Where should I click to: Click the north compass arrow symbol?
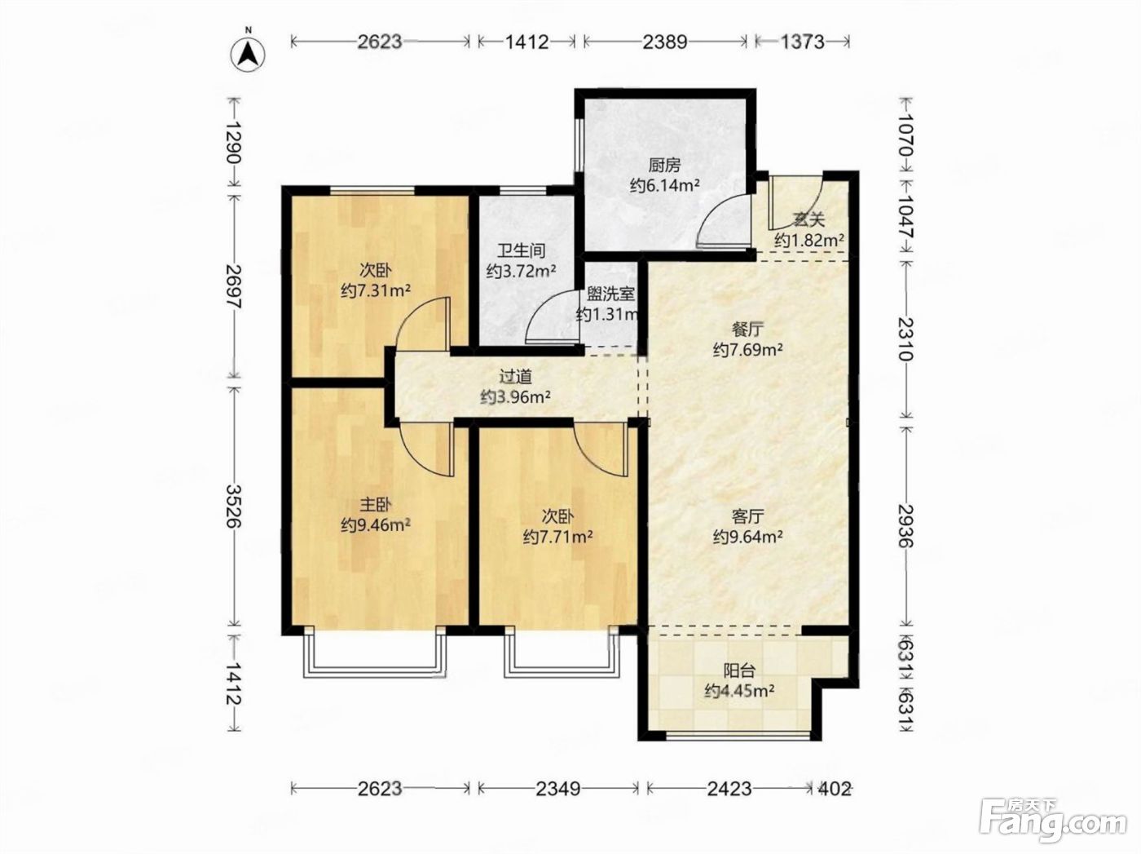point(248,54)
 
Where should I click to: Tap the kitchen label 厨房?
point(663,166)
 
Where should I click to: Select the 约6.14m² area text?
point(664,185)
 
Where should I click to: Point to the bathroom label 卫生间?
point(522,250)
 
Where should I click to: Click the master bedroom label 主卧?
point(376,505)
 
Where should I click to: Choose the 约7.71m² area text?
point(557,536)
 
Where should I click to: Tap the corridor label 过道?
point(515,376)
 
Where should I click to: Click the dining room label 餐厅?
point(747,330)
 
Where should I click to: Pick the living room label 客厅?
point(747,516)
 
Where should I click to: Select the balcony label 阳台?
point(739,670)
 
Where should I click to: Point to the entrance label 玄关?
point(808,220)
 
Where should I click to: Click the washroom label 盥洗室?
point(610,294)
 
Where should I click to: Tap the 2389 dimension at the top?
point(665,42)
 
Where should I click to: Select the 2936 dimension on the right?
point(905,525)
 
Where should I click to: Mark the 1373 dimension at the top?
point(802,42)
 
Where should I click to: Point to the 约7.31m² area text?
point(376,290)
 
